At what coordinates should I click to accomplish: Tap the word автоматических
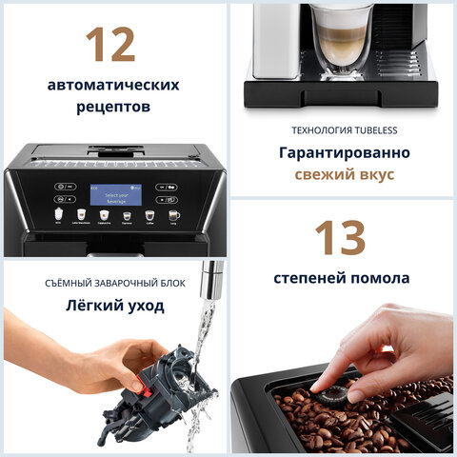coord(113,85)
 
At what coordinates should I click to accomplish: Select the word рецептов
coord(113,108)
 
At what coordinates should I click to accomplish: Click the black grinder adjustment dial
coord(332,393)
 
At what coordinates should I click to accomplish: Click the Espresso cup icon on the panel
coord(127,216)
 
